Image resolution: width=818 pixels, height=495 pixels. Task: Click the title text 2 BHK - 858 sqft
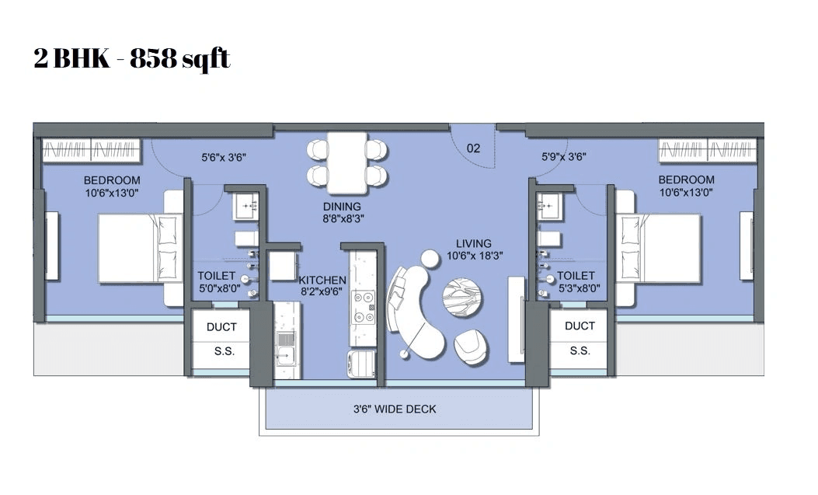click(x=132, y=59)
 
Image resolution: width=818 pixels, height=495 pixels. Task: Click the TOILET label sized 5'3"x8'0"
click(x=576, y=281)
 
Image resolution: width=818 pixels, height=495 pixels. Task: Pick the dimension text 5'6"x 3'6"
click(x=224, y=156)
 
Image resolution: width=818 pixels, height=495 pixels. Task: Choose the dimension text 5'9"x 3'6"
click(x=563, y=156)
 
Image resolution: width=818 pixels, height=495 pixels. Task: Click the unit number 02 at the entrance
click(x=473, y=148)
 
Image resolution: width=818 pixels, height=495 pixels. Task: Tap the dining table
click(x=346, y=163)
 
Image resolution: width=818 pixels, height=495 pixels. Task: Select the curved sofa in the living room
click(x=416, y=311)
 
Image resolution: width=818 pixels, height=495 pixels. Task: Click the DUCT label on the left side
click(x=221, y=326)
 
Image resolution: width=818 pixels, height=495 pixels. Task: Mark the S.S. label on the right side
click(x=580, y=350)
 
